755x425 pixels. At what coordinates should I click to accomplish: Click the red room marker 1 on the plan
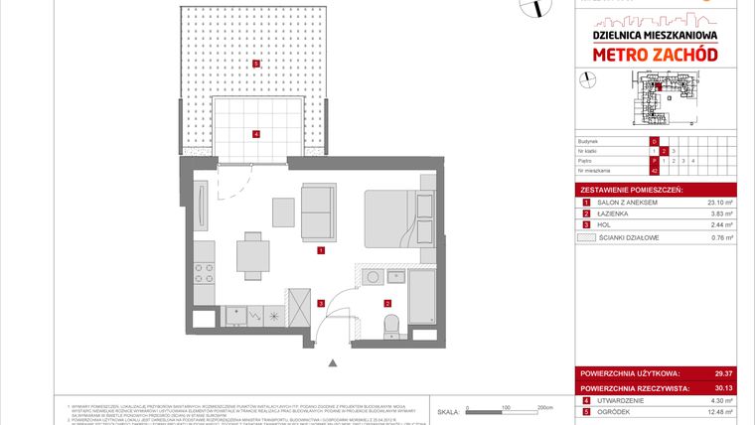320,252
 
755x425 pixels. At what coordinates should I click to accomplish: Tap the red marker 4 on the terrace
255,134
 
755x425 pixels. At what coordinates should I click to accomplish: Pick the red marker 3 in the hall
320,302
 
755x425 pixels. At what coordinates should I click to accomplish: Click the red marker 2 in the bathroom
388,302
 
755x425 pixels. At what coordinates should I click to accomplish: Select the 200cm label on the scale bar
544,408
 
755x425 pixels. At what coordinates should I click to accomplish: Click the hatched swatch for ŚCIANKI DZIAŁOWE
586,237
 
